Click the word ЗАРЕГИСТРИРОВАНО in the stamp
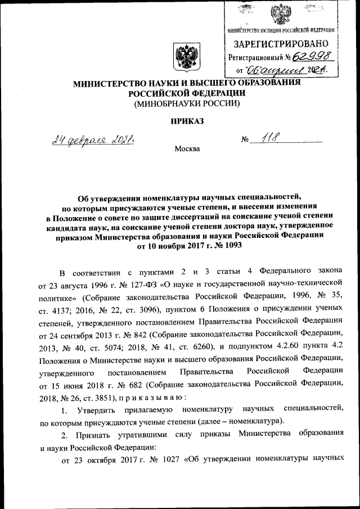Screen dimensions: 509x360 (281, 43)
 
